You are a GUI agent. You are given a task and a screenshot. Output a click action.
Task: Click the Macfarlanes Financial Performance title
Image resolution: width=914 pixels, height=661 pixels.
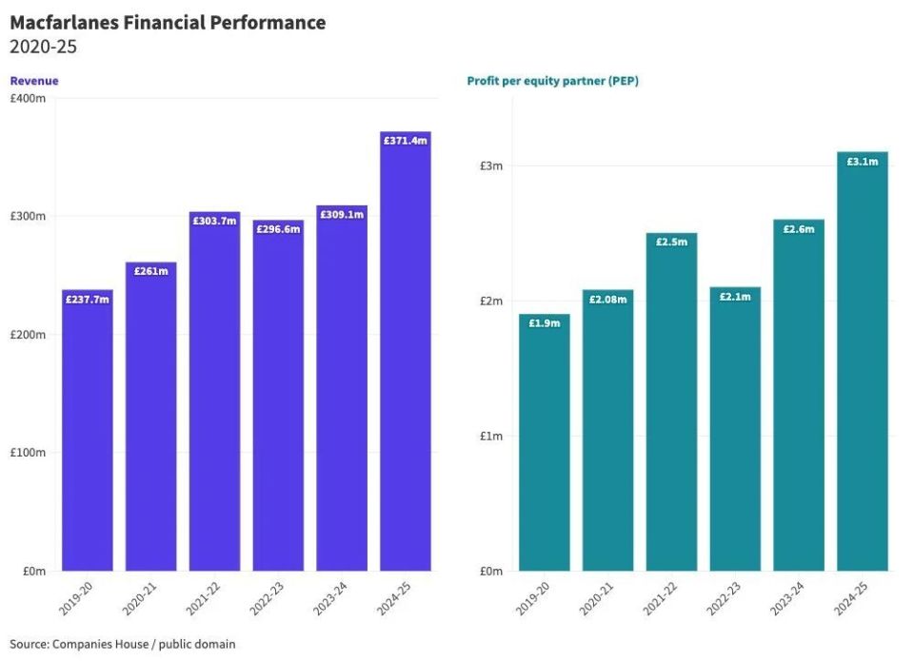(168, 23)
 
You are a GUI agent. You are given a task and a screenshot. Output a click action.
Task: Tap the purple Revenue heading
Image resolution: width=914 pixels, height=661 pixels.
(34, 81)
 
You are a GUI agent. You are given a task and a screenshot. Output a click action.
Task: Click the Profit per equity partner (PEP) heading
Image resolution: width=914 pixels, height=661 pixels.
(552, 81)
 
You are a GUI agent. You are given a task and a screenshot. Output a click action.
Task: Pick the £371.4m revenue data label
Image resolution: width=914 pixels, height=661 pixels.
(406, 141)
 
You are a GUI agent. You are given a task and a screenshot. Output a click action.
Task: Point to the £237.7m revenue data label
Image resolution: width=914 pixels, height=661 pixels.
(88, 300)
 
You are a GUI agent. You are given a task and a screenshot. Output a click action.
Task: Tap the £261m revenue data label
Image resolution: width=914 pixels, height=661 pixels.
(150, 272)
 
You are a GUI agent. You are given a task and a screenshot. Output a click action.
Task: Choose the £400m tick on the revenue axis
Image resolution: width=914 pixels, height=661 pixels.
(28, 99)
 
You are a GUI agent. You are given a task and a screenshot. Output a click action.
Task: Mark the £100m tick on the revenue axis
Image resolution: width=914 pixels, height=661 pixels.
(28, 453)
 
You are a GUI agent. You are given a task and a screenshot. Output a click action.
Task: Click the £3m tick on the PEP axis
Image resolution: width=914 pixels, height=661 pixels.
(491, 166)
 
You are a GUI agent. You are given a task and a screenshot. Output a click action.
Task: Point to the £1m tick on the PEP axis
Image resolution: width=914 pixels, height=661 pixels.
(491, 437)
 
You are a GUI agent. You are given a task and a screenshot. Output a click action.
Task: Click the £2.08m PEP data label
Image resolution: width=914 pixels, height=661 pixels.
(608, 300)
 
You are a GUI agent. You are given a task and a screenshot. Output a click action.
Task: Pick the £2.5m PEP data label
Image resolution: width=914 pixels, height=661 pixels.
(671, 243)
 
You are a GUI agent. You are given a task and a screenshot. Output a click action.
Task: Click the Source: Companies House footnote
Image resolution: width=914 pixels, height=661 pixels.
(123, 644)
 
